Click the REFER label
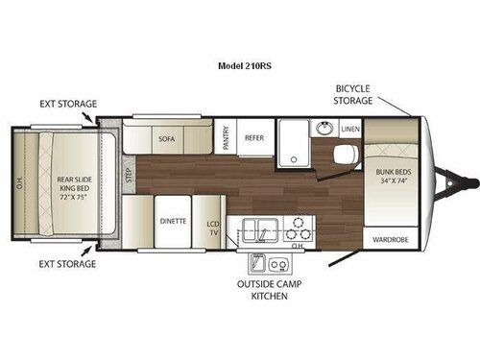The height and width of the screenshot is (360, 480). pyautogui.click(x=253, y=137)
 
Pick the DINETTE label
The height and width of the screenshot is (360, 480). pyautogui.click(x=173, y=220)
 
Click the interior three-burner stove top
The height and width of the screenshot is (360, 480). pyautogui.click(x=300, y=229)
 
